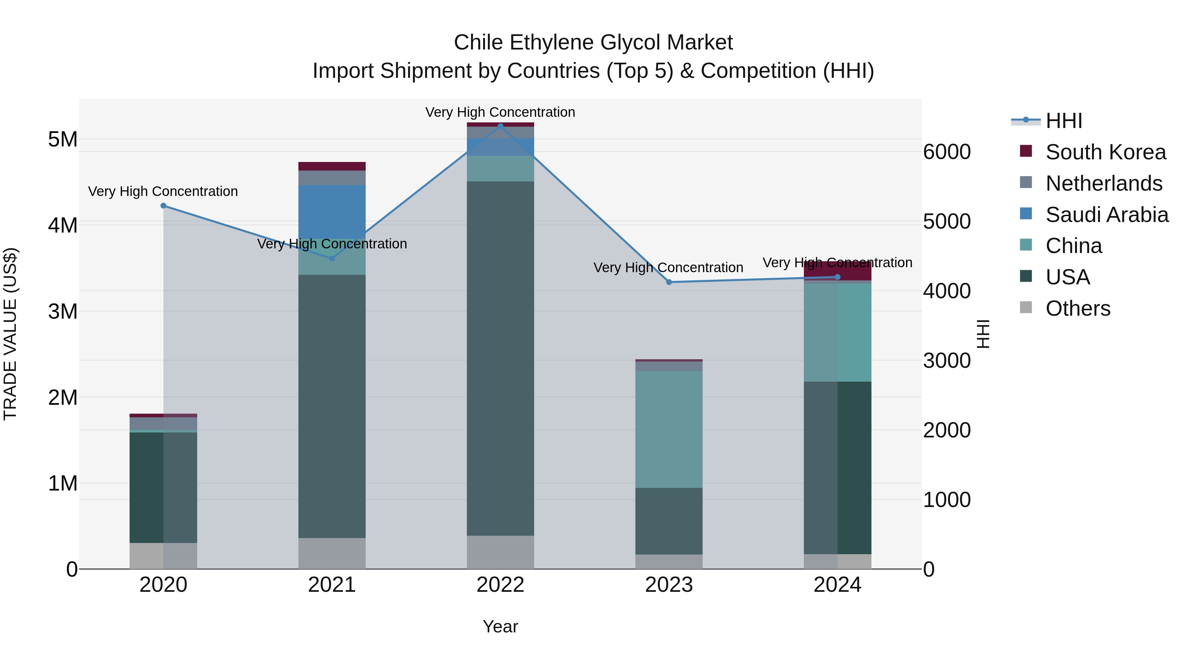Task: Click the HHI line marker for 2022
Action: pos(501,126)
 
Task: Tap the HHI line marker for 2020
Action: pos(163,206)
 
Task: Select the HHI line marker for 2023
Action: pos(669,282)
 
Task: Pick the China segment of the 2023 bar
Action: pos(669,429)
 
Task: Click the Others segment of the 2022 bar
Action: pos(501,552)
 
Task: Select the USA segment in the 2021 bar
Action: pos(332,406)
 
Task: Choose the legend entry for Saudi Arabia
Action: pos(1106,215)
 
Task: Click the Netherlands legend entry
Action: pos(1103,183)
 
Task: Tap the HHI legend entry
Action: pos(1063,121)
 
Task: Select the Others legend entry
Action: pos(1077,308)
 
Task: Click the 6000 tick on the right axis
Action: pos(947,152)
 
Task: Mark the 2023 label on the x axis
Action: pos(669,585)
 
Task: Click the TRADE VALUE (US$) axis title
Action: pos(10,334)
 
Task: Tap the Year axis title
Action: pos(501,626)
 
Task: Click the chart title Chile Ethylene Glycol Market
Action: pos(593,43)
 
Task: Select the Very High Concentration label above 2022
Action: pos(501,112)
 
